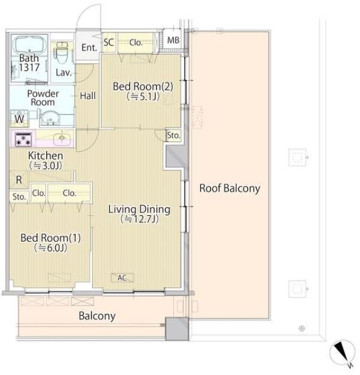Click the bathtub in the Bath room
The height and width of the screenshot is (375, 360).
(x=30, y=45)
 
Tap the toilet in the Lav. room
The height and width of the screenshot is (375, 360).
(x=62, y=53)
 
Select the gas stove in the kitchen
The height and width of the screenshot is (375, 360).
(x=23, y=139)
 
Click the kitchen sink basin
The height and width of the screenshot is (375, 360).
(x=62, y=138)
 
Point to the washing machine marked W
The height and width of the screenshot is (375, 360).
(x=20, y=119)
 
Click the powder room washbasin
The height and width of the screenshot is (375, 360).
(x=50, y=118)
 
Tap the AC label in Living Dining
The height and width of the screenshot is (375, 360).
(x=122, y=278)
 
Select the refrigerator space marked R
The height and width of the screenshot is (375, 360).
(x=19, y=180)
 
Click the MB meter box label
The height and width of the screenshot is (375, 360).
(x=173, y=40)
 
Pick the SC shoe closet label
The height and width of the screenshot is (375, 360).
(x=108, y=42)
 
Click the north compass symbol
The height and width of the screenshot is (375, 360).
(x=342, y=353)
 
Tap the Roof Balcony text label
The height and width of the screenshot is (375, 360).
(x=229, y=188)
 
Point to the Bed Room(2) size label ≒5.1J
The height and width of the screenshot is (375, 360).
(x=143, y=97)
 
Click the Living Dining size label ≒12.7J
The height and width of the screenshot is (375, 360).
(x=139, y=219)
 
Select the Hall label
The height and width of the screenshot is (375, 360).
(x=88, y=96)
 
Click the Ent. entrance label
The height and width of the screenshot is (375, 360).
(x=89, y=47)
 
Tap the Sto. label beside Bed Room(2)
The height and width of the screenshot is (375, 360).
(x=173, y=135)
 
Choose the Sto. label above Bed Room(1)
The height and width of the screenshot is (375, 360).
(x=19, y=197)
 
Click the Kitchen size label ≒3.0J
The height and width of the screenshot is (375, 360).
(x=45, y=165)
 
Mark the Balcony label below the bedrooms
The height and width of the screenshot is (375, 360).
(x=97, y=316)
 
